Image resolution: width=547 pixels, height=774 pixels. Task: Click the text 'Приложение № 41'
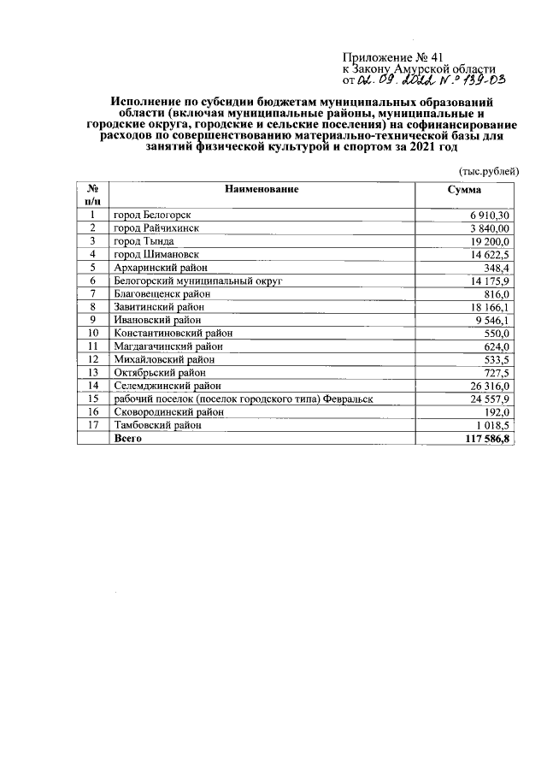coord(392,58)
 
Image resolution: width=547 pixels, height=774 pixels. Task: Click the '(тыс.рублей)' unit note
coord(489,170)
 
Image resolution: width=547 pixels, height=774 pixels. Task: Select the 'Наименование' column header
coord(262,189)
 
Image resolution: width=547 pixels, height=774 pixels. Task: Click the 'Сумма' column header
coord(464,189)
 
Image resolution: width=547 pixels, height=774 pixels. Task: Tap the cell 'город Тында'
coord(141,242)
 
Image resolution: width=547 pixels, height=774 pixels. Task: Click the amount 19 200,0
coord(488,242)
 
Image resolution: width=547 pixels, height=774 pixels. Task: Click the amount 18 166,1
coord(488,306)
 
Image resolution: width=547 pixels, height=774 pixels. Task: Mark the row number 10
coord(92,333)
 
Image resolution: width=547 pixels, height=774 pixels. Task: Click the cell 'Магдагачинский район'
coord(168,346)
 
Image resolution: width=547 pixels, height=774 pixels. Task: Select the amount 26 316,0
coord(488,386)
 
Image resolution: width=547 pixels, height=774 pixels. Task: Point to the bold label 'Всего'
coord(127,438)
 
